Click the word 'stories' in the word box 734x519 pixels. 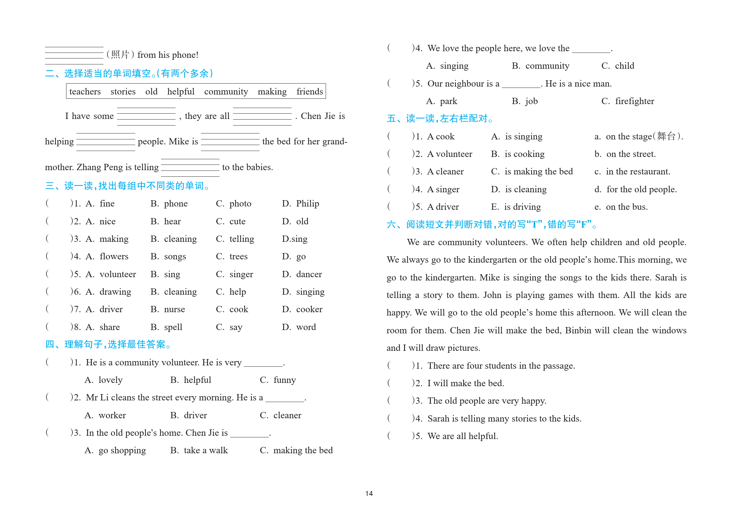coord(123,92)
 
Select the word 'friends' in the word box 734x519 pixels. coord(309,92)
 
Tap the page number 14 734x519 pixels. coord(369,494)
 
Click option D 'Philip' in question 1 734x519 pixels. coord(307,204)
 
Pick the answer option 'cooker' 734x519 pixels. coord(309,309)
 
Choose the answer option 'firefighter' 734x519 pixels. coord(634,101)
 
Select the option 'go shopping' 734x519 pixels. coord(122,450)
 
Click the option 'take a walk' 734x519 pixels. coord(206,450)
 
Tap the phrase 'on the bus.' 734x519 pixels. coord(627,207)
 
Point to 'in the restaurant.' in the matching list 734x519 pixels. coord(638,171)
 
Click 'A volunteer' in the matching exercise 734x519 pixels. coord(450,154)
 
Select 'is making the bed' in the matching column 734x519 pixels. coord(538,171)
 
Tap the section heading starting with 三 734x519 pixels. coord(127,186)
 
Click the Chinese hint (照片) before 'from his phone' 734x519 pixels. coord(120,55)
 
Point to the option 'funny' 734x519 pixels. coord(284,380)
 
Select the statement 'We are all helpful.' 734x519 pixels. coord(463,436)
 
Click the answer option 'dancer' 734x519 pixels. coord(309,274)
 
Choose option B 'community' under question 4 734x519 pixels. coord(547,66)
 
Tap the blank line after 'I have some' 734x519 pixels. coord(146,117)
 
